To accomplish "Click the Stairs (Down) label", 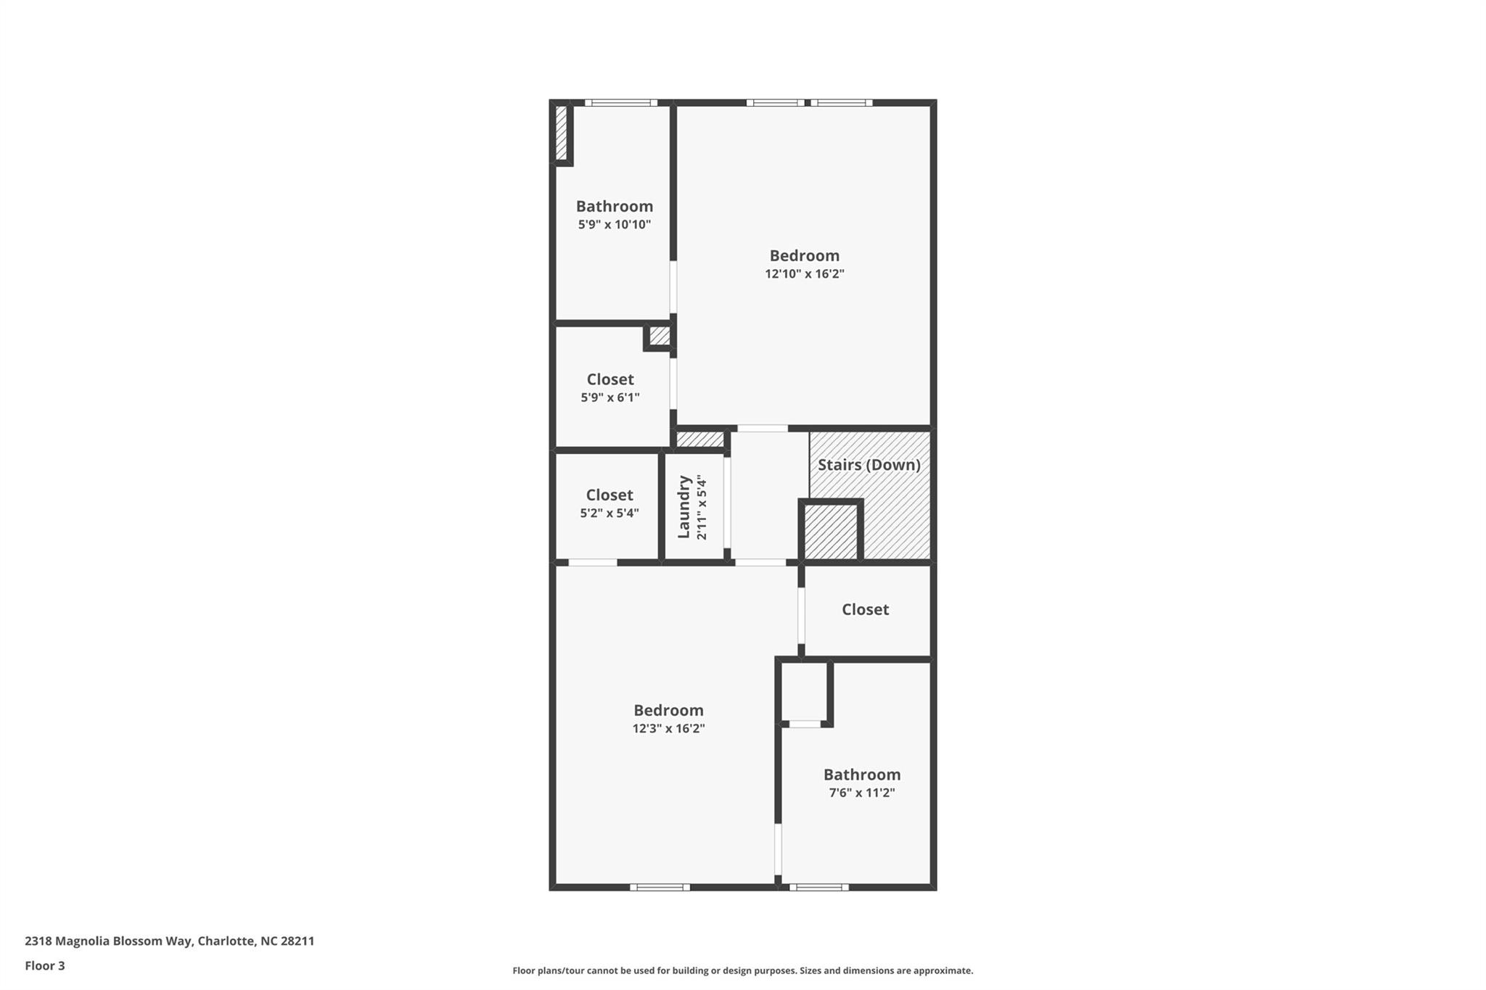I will [869, 465].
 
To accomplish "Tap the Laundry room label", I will [684, 507].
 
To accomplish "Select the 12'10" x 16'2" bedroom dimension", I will [804, 274].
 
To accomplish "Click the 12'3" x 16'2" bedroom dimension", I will [668, 729].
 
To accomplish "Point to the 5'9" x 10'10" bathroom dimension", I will [614, 225].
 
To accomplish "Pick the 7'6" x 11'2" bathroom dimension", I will [861, 793].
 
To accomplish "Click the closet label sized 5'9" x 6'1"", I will [609, 379].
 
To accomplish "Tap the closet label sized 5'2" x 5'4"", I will [609, 495].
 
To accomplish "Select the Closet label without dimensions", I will [865, 609].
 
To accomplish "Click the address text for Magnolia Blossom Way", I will [169, 941].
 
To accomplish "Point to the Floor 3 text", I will [45, 965].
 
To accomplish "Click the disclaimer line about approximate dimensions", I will [742, 970].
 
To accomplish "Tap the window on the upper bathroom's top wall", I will [620, 103].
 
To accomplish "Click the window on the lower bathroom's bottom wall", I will [818, 886].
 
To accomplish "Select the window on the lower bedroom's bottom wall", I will [660, 886].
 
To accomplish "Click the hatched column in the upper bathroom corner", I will [561, 133].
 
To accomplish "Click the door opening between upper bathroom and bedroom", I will [673, 287].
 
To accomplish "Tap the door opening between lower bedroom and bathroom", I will [778, 849].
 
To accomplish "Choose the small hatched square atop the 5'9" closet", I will [659, 336].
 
